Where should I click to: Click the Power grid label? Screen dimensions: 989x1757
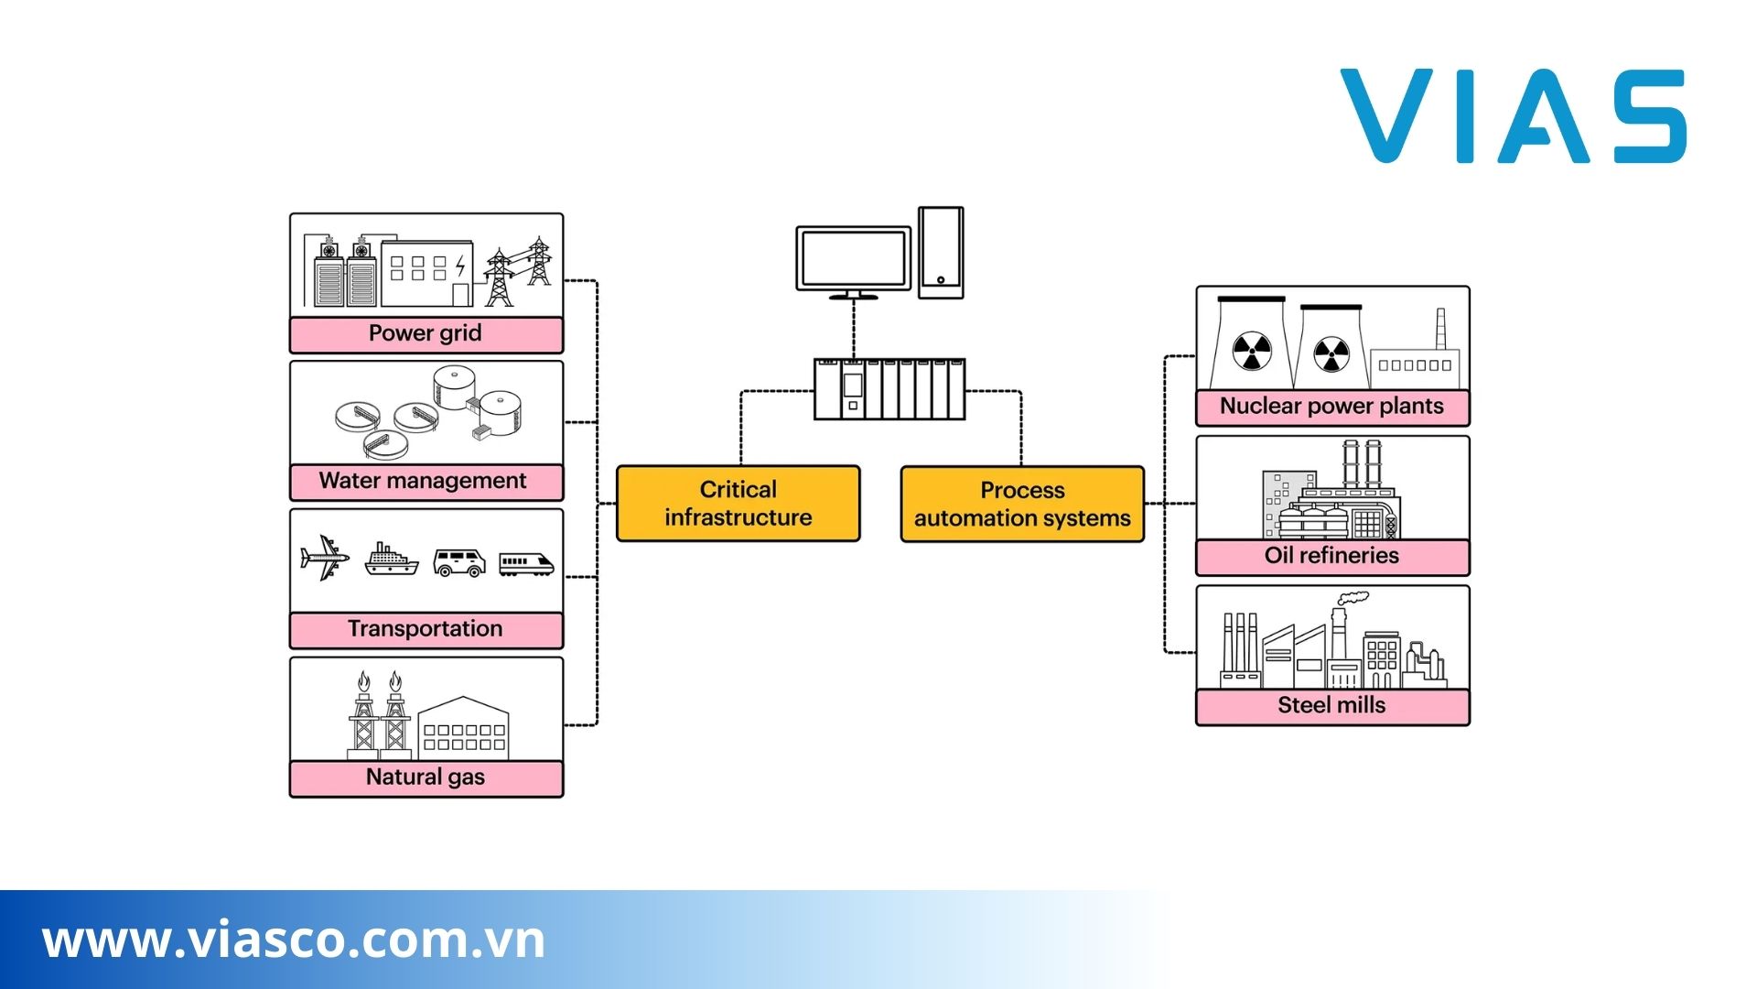tap(426, 334)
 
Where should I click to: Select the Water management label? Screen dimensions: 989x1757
tap(423, 482)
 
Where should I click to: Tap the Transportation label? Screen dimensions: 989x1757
tap(426, 630)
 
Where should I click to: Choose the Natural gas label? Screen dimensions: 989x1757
tap(426, 778)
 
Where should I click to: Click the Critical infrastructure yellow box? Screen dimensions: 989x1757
tap(738, 504)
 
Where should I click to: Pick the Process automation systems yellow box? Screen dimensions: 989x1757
tap(1022, 505)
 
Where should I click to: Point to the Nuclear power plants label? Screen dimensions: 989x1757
tap(1331, 408)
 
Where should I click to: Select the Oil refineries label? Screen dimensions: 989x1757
tap(1331, 557)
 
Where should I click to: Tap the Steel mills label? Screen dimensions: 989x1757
tap(1331, 706)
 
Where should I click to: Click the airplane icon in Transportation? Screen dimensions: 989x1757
tap(324, 558)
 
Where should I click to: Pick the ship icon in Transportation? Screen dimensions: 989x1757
tap(391, 559)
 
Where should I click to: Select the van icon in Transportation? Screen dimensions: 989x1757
tap(458, 562)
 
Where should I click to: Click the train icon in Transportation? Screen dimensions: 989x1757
tap(526, 563)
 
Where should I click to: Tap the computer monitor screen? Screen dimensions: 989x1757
tap(853, 259)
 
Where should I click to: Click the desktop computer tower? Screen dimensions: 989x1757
tap(941, 252)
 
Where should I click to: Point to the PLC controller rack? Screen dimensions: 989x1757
tap(889, 389)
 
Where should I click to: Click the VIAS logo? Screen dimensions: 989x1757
tap(1513, 117)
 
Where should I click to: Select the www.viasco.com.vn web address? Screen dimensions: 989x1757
tap(294, 940)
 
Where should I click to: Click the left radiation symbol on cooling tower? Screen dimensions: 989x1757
tap(1251, 351)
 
